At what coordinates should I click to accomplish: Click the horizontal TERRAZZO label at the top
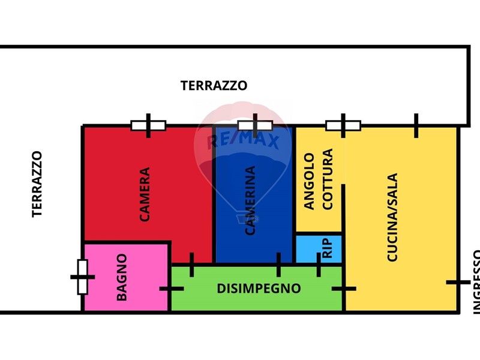214,86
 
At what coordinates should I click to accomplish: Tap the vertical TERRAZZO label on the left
37,184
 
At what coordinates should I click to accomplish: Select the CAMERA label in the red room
145,194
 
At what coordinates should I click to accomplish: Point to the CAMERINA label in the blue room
250,200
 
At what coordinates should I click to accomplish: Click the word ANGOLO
309,181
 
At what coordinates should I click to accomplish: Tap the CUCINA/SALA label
392,217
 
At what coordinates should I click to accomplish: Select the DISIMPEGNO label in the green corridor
259,289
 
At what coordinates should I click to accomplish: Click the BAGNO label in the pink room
122,277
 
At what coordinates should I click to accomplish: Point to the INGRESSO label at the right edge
476,282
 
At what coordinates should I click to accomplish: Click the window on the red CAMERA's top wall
148,125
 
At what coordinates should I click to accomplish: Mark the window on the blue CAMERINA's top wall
255,125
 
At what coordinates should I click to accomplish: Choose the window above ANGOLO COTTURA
343,125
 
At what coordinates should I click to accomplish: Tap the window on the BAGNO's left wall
83,277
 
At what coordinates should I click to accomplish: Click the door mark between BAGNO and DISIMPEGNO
171,289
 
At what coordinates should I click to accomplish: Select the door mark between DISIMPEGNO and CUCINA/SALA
344,289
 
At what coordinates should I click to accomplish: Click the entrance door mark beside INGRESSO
458,282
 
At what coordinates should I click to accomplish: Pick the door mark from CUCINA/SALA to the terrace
415,125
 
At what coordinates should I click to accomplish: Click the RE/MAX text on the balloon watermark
243,142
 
